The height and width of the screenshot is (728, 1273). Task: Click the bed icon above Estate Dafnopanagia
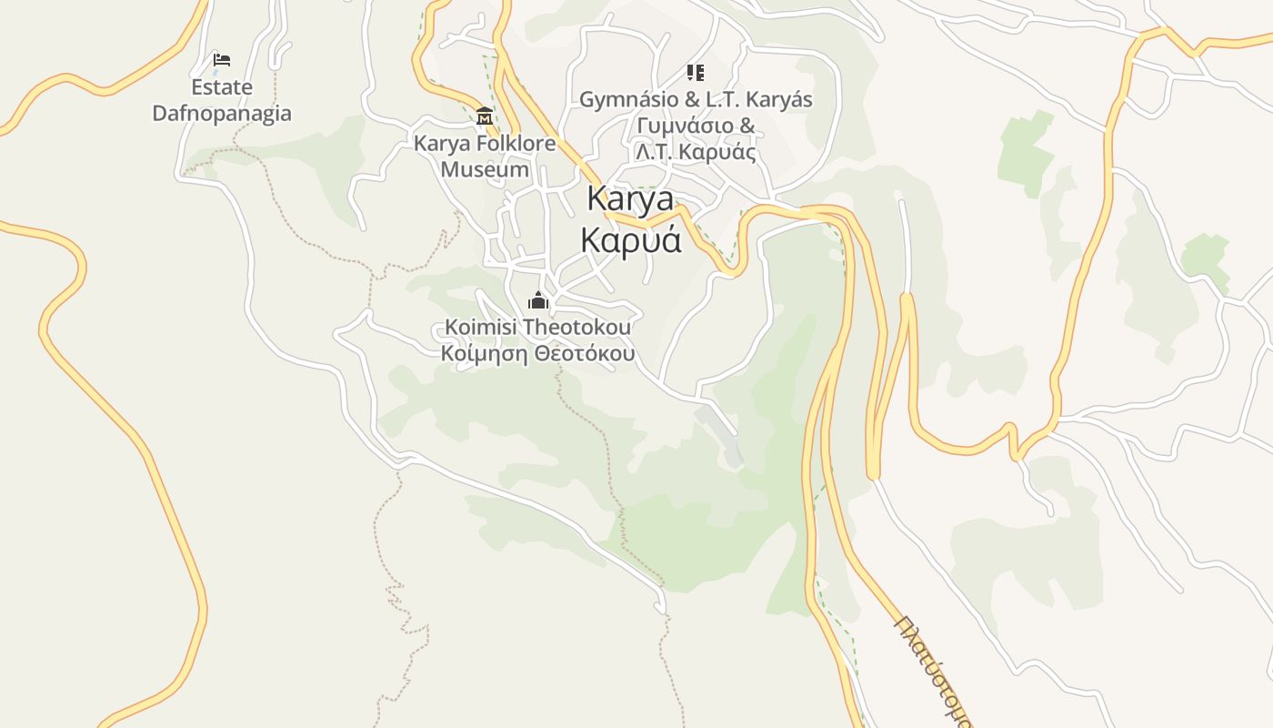click(222, 60)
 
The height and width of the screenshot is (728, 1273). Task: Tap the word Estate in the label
click(222, 87)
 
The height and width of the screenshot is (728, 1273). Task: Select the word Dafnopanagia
click(222, 113)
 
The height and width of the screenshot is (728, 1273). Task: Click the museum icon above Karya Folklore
click(485, 116)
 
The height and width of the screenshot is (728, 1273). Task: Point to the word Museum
click(485, 169)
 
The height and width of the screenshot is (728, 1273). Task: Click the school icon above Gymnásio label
click(696, 73)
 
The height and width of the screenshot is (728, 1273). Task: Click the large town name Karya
click(630, 197)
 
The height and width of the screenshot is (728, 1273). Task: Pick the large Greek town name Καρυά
click(630, 239)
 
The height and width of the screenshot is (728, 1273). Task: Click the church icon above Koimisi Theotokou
click(538, 300)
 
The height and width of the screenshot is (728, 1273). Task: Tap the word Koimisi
click(482, 327)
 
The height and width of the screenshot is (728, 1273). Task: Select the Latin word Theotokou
click(577, 327)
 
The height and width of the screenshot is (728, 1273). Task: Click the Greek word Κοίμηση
click(484, 353)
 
